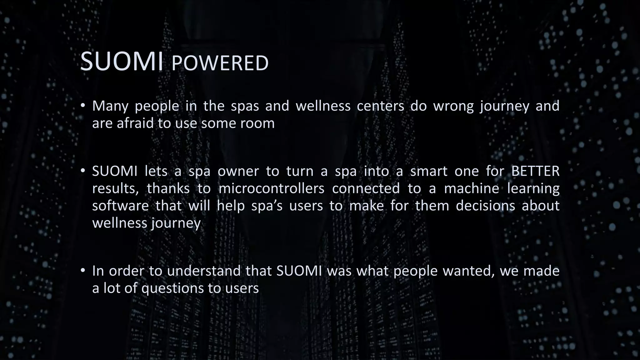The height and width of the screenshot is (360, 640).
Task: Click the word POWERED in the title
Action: [x=220, y=63]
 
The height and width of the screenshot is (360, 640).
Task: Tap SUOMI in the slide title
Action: [x=122, y=62]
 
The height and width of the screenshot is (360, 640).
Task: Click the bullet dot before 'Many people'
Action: [x=82, y=106]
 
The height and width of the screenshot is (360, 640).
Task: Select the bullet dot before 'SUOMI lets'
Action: [x=82, y=171]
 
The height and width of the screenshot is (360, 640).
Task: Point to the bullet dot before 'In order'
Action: [x=82, y=271]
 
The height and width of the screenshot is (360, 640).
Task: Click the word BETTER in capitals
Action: [x=535, y=171]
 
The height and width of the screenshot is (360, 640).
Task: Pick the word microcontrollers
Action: [x=271, y=188]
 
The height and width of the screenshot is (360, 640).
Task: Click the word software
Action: [x=120, y=206]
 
